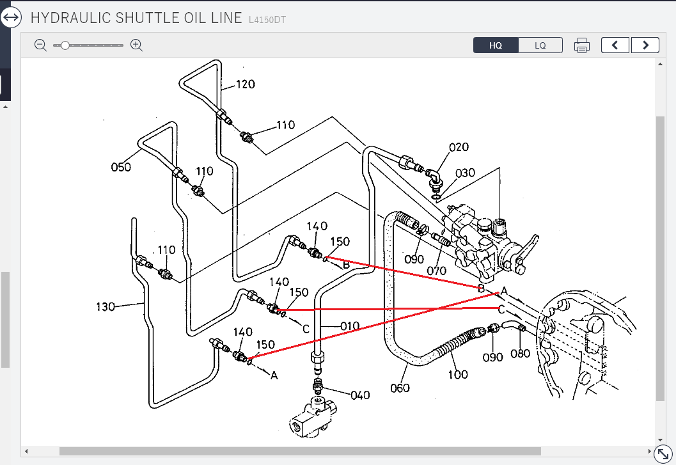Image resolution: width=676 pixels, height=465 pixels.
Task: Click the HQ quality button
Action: point(496,45)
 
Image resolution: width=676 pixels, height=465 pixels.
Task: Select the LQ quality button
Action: point(540,45)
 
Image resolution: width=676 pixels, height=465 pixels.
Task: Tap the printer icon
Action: point(581,45)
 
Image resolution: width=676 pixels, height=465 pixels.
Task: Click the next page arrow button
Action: point(645,45)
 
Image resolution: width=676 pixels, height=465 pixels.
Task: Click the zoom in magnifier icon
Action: point(136,45)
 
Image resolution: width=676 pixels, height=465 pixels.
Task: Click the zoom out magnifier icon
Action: point(40,45)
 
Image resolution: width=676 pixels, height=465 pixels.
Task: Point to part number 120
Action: point(246,84)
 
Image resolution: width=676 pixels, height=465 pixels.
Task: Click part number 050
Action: point(120,168)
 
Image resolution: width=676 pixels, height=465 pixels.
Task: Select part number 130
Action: point(105,306)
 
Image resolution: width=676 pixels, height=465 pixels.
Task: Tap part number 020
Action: point(459,147)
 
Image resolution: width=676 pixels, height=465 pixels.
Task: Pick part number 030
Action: point(465,173)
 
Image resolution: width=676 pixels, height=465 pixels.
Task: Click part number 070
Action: point(436,271)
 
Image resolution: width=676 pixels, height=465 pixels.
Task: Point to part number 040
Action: point(360,395)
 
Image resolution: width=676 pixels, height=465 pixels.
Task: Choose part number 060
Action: point(400,388)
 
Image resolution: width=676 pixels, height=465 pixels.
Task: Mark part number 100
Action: point(458,374)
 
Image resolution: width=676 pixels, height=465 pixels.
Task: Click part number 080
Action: point(521,352)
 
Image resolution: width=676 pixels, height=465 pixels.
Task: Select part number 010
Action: point(349,326)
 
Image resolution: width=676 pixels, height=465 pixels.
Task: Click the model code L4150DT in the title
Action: point(267,20)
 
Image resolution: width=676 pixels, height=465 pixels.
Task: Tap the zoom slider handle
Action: point(65,45)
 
